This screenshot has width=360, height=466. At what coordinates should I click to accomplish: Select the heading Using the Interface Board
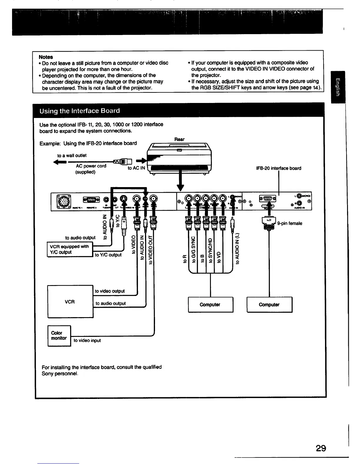click(x=80, y=111)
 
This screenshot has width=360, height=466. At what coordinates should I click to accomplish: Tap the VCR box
click(x=70, y=302)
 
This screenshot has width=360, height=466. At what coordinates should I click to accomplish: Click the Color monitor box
click(x=59, y=336)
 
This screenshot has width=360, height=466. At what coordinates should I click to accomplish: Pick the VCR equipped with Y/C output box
click(x=70, y=249)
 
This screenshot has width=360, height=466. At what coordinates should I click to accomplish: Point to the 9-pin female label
click(x=289, y=223)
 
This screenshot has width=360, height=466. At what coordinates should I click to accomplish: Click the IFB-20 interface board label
click(x=279, y=168)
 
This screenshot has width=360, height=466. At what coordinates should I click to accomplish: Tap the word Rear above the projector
click(x=179, y=139)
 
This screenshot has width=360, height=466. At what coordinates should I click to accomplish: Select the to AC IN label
click(x=136, y=168)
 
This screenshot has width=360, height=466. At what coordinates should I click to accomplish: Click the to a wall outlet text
click(x=72, y=155)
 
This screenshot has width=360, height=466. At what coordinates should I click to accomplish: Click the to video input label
click(x=87, y=340)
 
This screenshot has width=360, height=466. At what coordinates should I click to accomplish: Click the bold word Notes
click(x=46, y=57)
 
